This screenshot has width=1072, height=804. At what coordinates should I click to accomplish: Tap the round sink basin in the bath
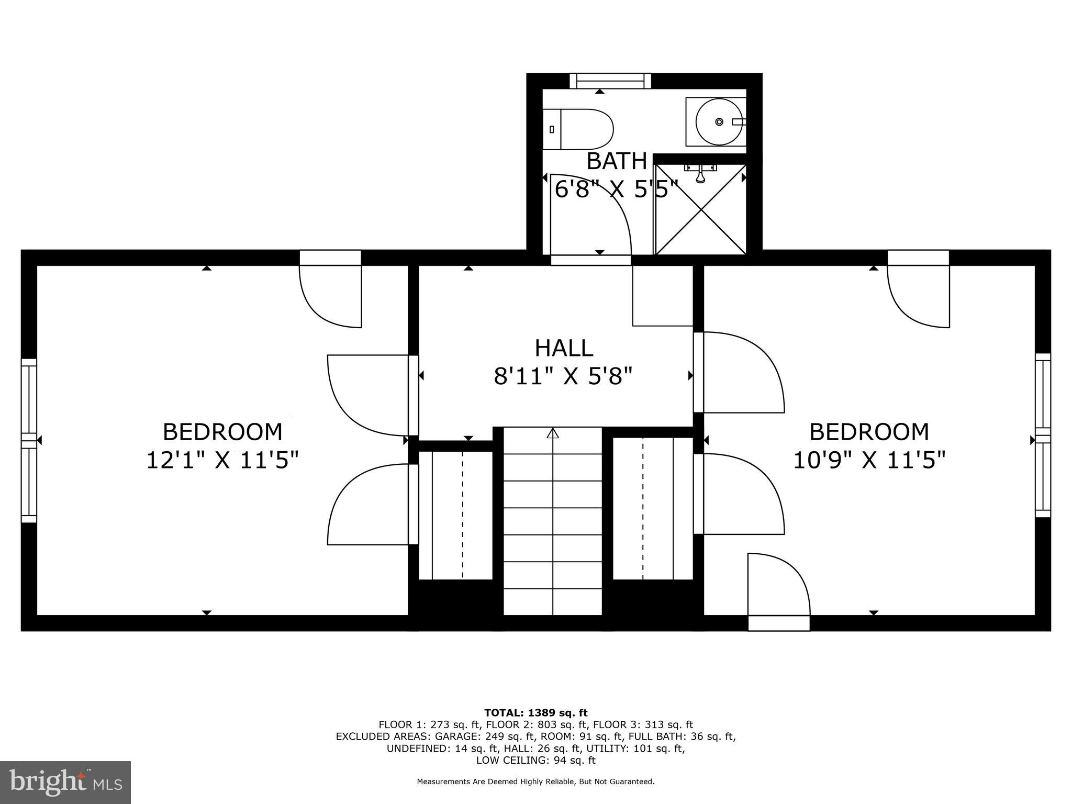point(718,122)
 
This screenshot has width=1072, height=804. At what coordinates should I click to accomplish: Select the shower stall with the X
point(701,209)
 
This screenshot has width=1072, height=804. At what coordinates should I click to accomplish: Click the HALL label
point(564,348)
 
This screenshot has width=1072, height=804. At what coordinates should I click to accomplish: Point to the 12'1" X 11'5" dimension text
point(222,461)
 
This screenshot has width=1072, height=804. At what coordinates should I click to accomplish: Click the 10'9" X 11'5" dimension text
point(869,461)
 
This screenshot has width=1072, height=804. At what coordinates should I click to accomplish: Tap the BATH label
point(616,161)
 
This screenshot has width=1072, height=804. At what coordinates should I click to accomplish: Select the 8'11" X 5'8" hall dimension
point(563,376)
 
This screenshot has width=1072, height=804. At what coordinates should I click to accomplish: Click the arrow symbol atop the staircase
point(553,433)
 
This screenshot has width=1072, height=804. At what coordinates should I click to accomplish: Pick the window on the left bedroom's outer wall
point(29,440)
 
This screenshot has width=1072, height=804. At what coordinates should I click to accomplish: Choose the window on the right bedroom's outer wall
point(1043,435)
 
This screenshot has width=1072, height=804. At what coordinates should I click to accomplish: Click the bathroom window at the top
point(610,81)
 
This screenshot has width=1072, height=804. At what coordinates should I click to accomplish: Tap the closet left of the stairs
point(456,516)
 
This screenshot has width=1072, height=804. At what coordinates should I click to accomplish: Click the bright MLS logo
point(65,783)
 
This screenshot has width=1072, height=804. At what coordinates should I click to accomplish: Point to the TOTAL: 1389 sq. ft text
point(535,713)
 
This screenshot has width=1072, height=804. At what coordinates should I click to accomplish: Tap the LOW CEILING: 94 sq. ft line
point(535,760)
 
